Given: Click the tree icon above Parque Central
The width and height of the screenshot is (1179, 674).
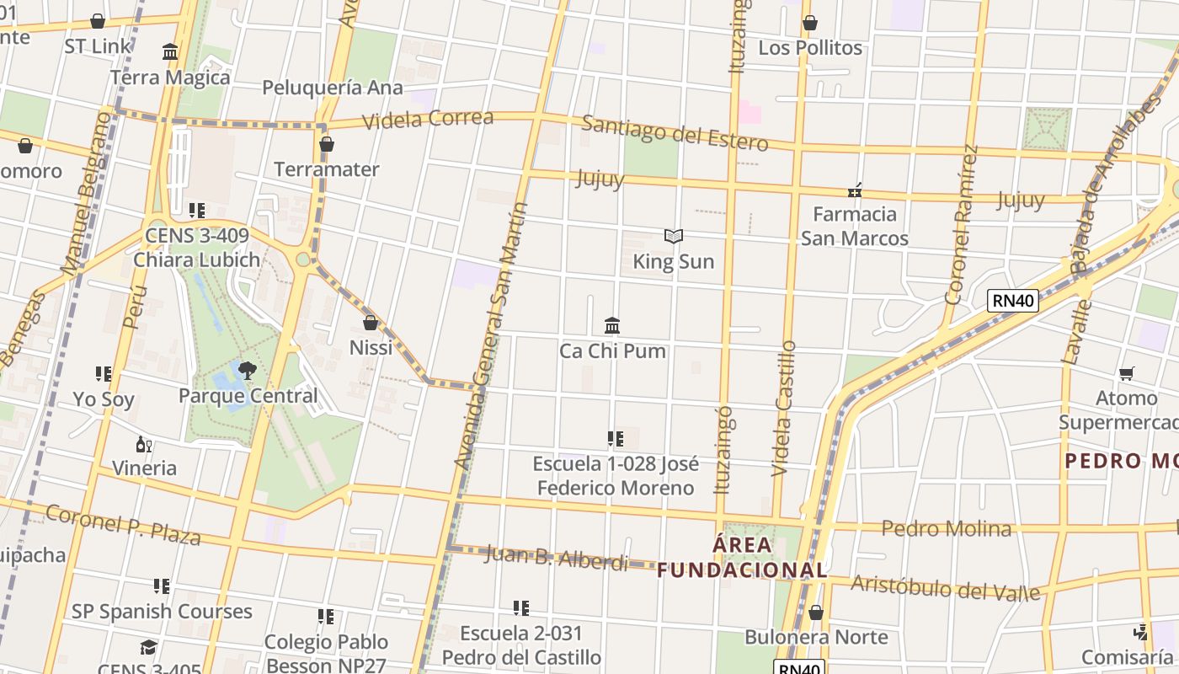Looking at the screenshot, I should coord(248,370).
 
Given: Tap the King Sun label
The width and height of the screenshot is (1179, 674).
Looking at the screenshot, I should coord(674,262).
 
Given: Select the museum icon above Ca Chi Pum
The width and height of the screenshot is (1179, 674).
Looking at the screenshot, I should coord(612,325).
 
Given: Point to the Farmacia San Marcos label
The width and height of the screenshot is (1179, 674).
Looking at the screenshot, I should coord(855,226).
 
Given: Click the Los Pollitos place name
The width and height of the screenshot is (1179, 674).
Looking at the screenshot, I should coord(810,48).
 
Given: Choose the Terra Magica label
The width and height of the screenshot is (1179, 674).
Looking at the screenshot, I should coord(170,78).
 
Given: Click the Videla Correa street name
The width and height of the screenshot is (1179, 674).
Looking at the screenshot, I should coord(428,119).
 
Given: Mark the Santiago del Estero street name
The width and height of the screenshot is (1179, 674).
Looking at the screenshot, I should coord(675,133).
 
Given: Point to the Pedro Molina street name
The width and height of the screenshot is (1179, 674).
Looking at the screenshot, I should coord(946,528).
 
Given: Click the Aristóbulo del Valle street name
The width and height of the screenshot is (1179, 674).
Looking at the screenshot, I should coord(945,587).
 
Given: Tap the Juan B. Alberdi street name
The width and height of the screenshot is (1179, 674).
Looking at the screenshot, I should coord(557,558).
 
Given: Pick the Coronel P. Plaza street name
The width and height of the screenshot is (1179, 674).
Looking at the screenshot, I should coord(123,524).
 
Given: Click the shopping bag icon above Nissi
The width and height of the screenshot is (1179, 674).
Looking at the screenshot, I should coord(370,323).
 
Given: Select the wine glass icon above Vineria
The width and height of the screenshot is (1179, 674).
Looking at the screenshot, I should coord(144,444).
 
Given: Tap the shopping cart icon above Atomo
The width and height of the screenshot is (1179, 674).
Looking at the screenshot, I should coord(1126,373).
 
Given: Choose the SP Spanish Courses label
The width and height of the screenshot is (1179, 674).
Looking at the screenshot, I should coord(162,612).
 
